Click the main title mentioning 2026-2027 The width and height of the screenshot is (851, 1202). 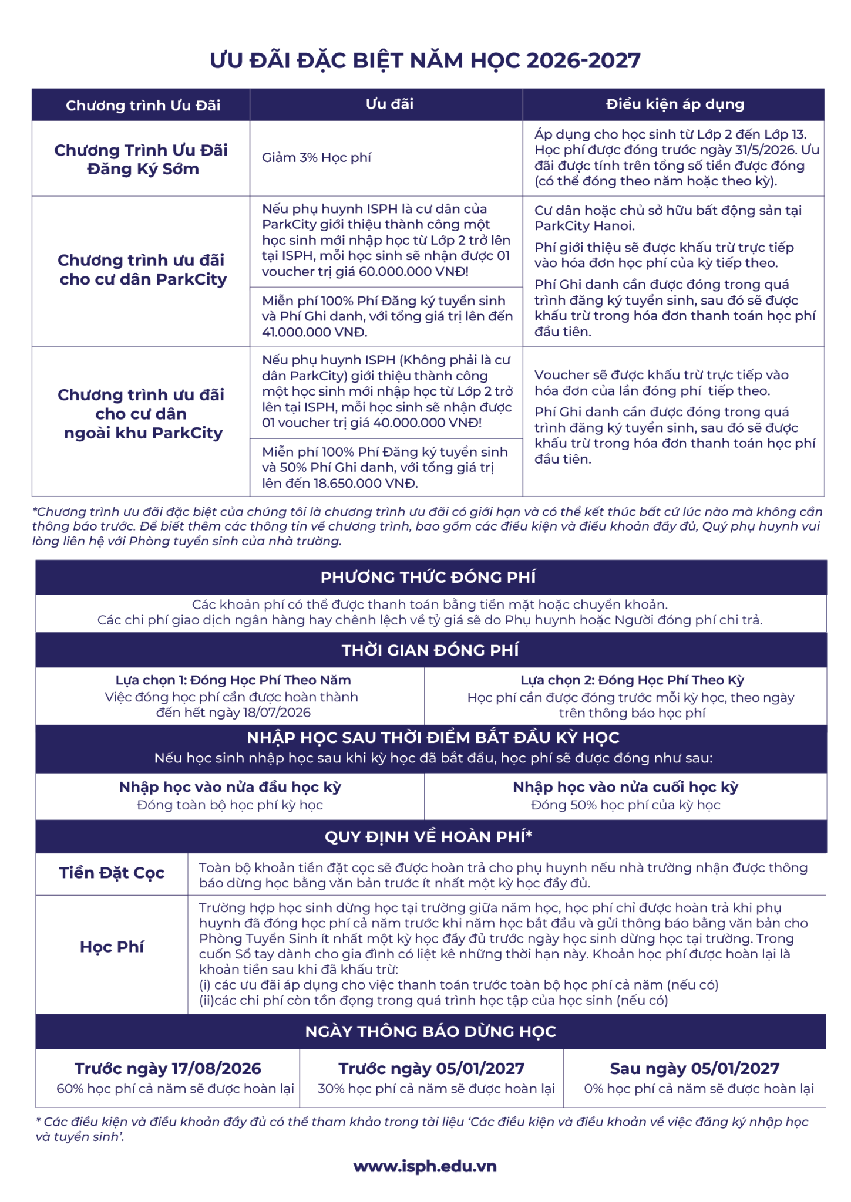[425, 60]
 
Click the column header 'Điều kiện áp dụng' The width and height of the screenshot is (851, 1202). [675, 104]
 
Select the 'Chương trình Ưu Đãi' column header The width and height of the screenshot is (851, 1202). [143, 106]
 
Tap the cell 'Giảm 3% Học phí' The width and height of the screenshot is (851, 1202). [317, 158]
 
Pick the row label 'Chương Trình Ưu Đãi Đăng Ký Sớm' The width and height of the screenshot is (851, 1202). [141, 160]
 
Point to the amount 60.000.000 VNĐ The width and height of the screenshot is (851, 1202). [413, 272]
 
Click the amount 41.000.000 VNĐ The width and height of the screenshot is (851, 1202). [314, 332]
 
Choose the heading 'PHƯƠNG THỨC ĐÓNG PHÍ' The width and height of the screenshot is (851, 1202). [428, 578]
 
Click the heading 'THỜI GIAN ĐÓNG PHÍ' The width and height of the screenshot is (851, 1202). [430, 650]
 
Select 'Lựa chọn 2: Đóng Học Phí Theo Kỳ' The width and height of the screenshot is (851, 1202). [632, 680]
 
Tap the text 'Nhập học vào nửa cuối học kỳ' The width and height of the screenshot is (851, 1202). [625, 787]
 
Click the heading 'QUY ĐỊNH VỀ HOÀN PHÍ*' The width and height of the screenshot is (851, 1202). [429, 836]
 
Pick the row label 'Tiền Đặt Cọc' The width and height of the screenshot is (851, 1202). [112, 873]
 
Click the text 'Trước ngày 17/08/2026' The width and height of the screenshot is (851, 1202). [167, 1068]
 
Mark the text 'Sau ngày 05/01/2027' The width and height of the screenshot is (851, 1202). [694, 1068]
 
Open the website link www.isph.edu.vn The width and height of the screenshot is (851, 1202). [425, 1166]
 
